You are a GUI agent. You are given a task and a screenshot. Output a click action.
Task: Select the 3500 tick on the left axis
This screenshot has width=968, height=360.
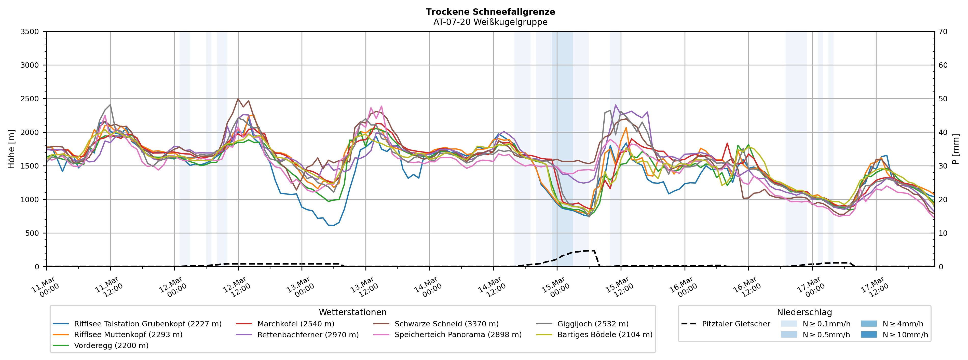point(30,32)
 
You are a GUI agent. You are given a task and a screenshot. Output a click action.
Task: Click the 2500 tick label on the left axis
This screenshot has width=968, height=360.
point(30,99)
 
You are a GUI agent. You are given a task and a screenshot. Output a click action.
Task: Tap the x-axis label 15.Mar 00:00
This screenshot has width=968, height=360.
point(555,287)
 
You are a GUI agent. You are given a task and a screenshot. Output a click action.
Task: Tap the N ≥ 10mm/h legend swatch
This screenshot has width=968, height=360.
point(868,335)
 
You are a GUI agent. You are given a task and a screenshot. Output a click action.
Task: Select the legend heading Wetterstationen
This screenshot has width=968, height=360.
point(352,312)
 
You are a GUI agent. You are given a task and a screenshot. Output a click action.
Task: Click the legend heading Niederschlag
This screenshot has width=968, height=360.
point(804,312)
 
